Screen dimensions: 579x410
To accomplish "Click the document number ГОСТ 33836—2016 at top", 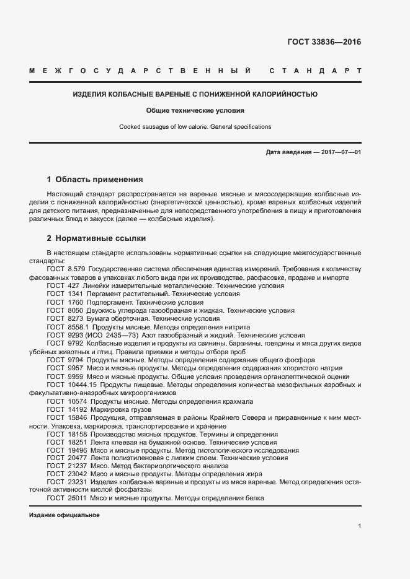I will (x=324, y=43).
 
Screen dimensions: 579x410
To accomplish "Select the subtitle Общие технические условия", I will (x=195, y=111).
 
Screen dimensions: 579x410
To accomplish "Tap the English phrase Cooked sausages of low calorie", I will (x=163, y=126).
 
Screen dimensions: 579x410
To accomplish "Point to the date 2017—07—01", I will (x=339, y=152).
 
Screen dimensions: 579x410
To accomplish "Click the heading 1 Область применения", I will (x=95, y=180).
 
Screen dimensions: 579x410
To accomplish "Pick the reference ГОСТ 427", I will (x=64, y=285).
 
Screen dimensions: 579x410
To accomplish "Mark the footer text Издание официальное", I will (x=64, y=515).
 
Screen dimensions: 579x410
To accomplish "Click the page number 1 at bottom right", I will (x=360, y=526).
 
